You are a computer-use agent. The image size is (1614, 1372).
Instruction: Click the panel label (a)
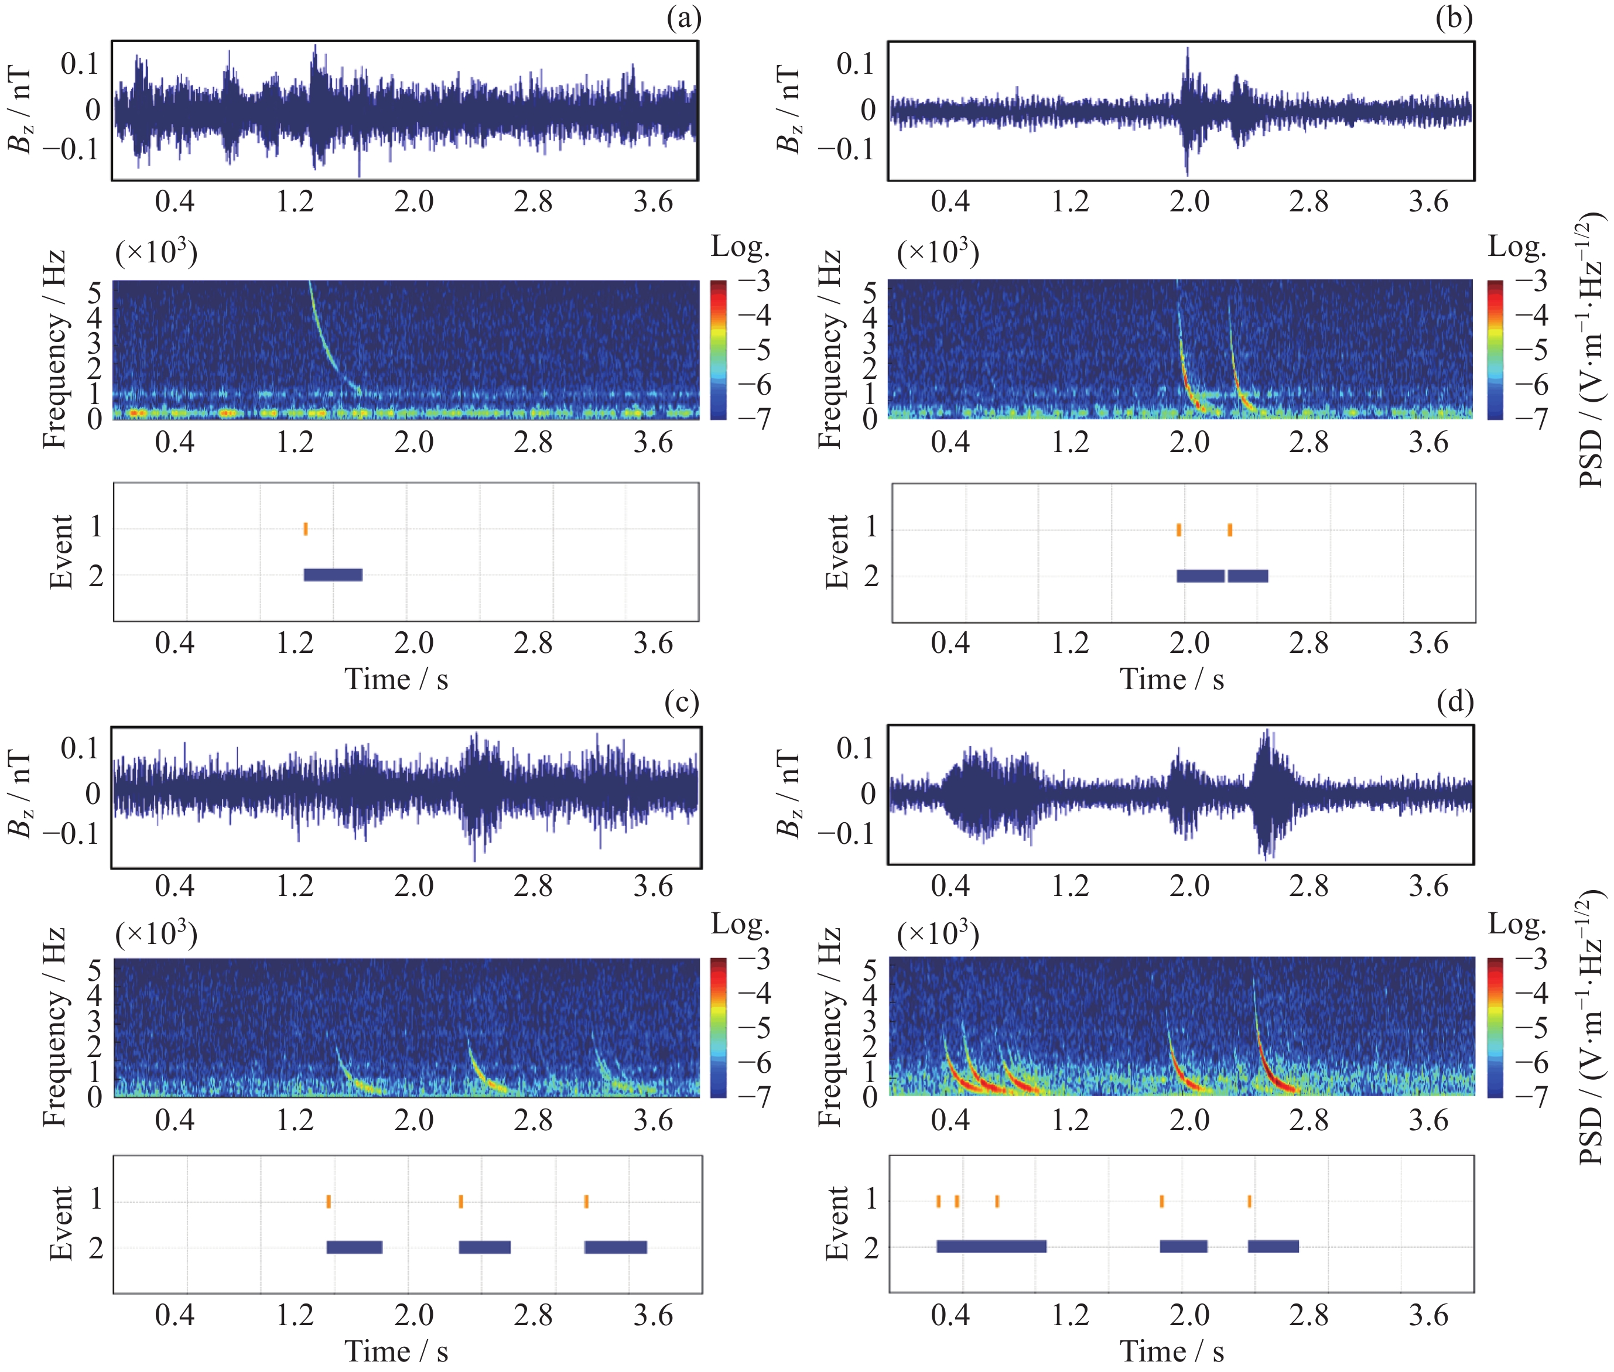(x=683, y=18)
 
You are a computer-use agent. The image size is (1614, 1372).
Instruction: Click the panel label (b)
(x=1454, y=18)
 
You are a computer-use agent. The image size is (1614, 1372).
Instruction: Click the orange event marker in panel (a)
(x=306, y=529)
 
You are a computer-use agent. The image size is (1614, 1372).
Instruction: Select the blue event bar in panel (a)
(x=333, y=575)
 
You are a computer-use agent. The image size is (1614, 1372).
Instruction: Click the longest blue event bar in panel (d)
(x=991, y=1246)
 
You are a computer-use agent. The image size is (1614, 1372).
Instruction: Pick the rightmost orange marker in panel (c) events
(x=586, y=1202)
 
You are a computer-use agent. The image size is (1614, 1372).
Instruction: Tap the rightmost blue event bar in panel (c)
(x=615, y=1247)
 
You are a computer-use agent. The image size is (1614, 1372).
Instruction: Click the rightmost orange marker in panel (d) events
(x=1249, y=1202)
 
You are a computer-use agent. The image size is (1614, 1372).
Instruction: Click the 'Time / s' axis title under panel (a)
(x=396, y=680)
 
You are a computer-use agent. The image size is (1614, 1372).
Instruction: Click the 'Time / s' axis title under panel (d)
(x=1171, y=1352)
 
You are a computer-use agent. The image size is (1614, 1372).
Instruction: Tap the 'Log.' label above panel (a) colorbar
(x=740, y=247)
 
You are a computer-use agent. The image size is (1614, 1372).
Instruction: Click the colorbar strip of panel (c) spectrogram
(x=718, y=1027)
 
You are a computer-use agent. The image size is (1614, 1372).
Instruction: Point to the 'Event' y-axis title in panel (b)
(x=837, y=552)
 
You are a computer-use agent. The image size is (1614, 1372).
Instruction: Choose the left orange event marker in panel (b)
(x=1179, y=530)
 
